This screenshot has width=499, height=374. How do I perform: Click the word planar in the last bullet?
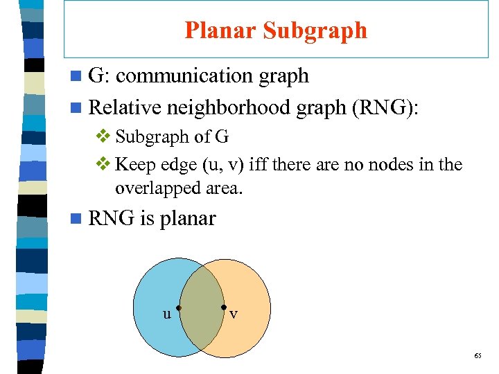click(188, 219)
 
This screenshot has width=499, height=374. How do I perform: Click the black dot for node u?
click(178, 307)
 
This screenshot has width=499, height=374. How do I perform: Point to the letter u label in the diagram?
click(166, 314)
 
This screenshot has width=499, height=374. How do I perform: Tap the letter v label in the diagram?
click(234, 314)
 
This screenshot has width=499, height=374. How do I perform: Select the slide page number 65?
click(478, 355)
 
